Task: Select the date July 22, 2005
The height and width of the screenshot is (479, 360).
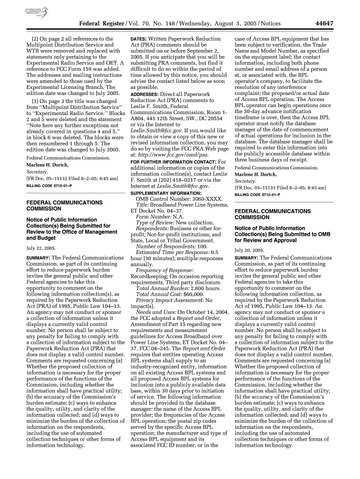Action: [x=42, y=248]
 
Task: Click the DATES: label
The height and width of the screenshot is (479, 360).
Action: [x=139, y=39]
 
